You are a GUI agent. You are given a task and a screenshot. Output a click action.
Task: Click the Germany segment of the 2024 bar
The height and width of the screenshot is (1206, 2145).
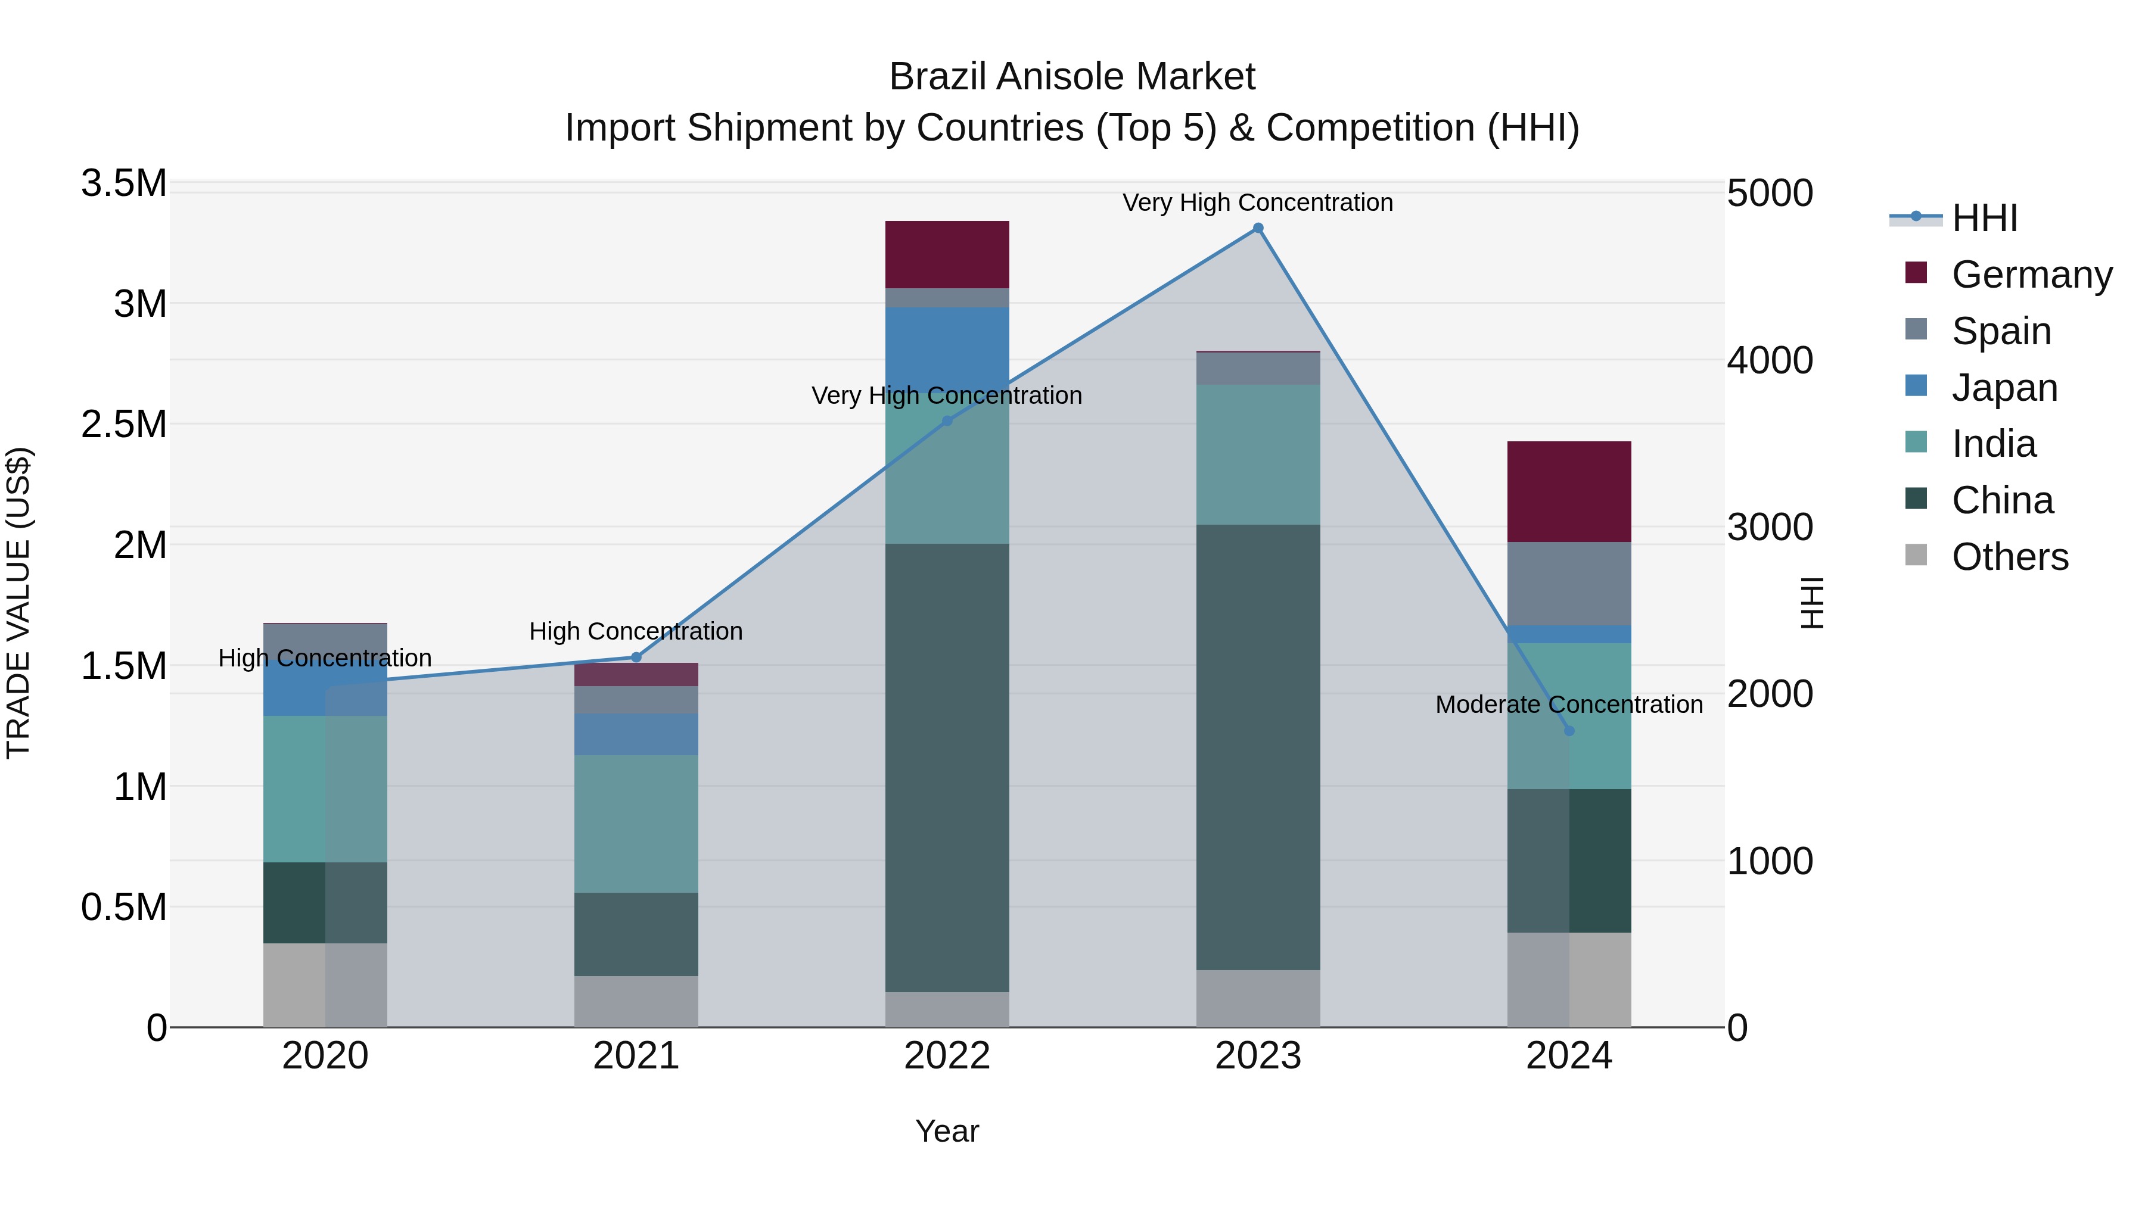tap(1569, 491)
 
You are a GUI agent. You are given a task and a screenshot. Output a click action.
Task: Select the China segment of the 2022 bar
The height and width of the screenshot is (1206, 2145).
tap(947, 768)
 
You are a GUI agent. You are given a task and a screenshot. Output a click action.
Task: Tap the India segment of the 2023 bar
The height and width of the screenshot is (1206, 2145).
tap(1258, 454)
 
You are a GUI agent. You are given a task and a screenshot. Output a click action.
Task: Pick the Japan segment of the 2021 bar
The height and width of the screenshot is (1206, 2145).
tap(636, 734)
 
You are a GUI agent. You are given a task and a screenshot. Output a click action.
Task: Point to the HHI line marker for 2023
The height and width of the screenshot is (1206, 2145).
tap(1258, 228)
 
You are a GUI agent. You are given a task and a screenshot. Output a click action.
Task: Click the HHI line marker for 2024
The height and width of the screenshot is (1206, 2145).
tap(1569, 731)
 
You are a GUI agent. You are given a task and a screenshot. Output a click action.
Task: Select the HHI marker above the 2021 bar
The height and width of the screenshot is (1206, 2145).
tap(636, 657)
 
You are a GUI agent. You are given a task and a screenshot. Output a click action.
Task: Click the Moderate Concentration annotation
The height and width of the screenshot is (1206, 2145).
tap(1569, 705)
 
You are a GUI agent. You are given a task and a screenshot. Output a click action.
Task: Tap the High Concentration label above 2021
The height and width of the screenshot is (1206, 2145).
tap(636, 632)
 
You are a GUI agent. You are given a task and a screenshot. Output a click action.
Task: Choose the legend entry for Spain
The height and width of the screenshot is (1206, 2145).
tap(2001, 331)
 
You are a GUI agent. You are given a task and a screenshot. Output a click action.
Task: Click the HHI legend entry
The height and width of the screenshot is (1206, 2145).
tap(1984, 218)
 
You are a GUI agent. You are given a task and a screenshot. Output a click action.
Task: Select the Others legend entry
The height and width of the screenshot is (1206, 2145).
tap(2009, 557)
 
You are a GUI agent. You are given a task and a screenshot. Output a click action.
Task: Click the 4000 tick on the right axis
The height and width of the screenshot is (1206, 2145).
tap(1770, 360)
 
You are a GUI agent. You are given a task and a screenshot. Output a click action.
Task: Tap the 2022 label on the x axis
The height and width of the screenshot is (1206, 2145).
tap(947, 1056)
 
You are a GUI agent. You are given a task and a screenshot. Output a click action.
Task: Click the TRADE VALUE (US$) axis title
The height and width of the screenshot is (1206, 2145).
tap(18, 603)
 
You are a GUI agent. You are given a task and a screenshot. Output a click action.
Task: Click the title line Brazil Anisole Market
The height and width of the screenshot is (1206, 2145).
tap(1072, 77)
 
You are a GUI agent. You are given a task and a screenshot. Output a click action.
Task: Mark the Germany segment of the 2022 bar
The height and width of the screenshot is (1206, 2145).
tap(947, 255)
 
